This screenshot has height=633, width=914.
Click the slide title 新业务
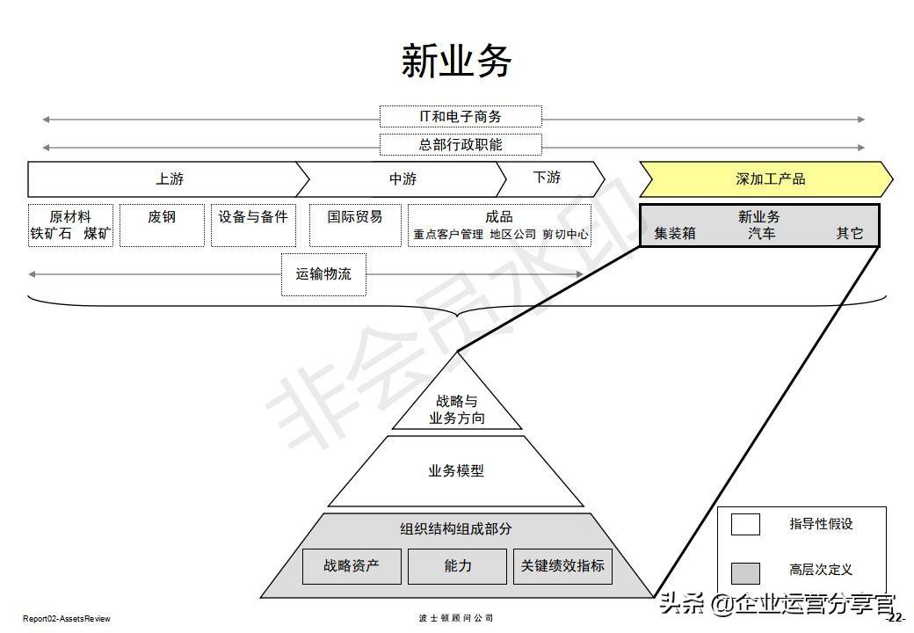coord(456,62)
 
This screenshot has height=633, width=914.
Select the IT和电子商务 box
coord(461,117)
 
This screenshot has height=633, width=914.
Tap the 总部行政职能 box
coord(461,144)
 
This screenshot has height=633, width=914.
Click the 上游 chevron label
coord(170,179)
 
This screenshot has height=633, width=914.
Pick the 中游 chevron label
coord(403,179)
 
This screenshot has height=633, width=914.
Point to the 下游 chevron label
coord(547,178)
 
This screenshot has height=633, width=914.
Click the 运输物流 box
coord(323,274)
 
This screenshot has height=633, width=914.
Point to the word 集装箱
coord(675,234)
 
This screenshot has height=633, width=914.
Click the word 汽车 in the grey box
coord(762,234)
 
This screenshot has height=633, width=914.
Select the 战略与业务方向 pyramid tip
coord(456,409)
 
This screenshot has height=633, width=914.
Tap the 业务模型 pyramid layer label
coord(456,471)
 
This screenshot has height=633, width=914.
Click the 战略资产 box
coord(352,566)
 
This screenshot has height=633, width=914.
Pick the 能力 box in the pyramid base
coord(458,566)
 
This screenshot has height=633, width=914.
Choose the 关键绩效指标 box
coord(562,566)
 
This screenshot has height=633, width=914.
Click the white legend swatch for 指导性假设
coord(745,524)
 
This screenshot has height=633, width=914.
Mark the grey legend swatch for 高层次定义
coord(745,572)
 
